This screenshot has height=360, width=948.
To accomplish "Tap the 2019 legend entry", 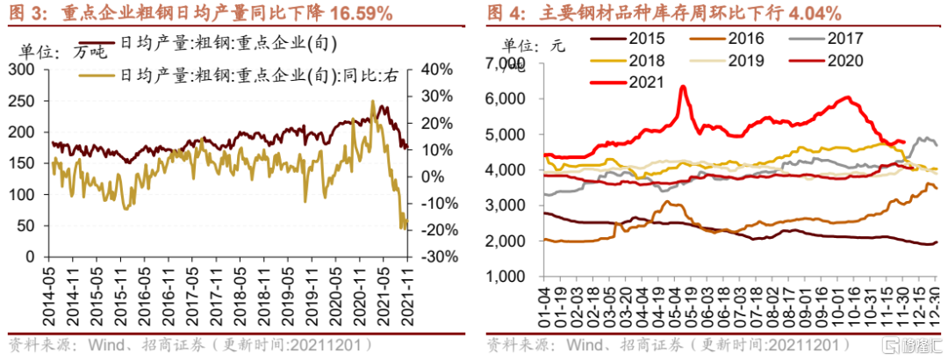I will [x=747, y=61].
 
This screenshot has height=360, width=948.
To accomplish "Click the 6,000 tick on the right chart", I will [x=504, y=98].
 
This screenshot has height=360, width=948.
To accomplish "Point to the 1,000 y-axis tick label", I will [x=504, y=277].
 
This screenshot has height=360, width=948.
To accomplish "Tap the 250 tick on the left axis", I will [x=28, y=100].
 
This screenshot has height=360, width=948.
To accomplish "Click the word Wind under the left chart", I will [x=99, y=343].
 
